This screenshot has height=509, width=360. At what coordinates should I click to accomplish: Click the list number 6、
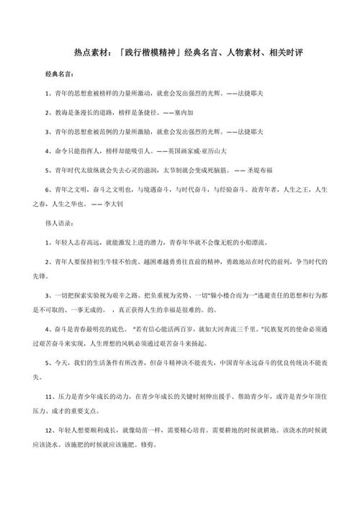pyautogui.click(x=48, y=189)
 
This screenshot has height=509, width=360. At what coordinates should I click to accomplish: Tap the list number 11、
pyautogui.click(x=50, y=394)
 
